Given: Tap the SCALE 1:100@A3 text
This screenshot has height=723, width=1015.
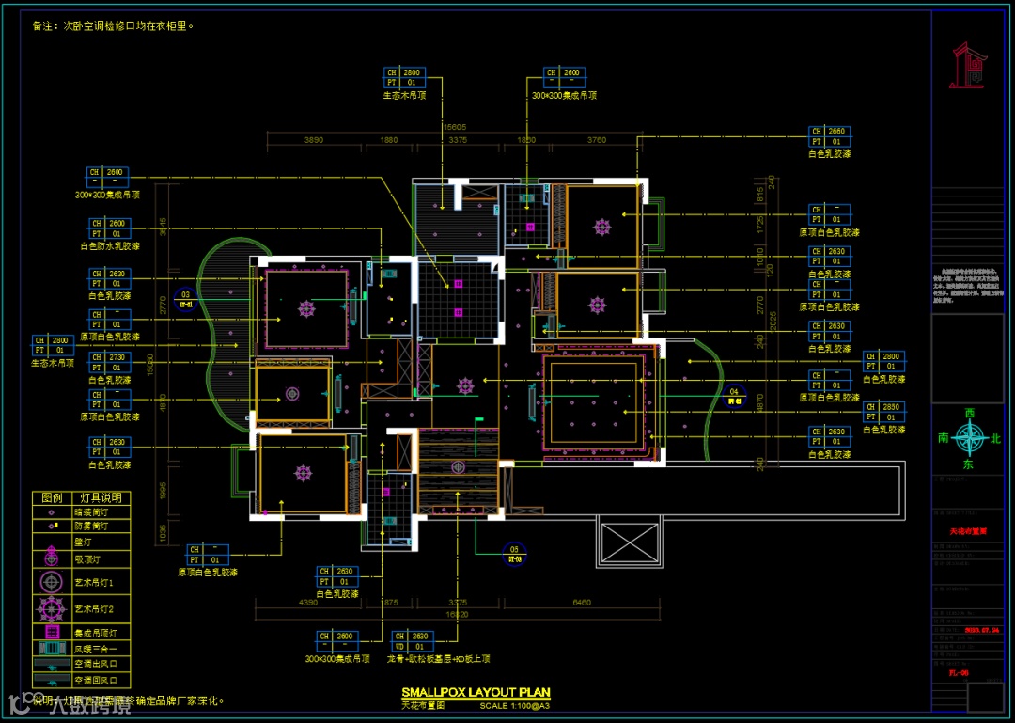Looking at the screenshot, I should click(514, 705).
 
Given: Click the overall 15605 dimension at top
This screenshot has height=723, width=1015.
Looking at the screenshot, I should click(455, 127).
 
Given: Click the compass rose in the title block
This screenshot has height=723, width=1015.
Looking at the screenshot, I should click(968, 437).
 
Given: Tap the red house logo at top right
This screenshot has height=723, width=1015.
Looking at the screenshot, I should click(969, 65).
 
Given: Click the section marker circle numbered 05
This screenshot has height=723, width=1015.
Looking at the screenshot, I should click(514, 552).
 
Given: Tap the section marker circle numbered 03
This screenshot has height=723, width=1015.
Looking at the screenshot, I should click(186, 299).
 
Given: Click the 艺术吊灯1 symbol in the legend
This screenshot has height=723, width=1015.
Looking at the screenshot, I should click(51, 582).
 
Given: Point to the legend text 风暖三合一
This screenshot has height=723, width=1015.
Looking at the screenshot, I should click(96, 650).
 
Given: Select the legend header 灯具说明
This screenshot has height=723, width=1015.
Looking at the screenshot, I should click(99, 497).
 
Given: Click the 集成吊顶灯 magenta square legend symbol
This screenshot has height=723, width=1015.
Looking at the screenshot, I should click(51, 633).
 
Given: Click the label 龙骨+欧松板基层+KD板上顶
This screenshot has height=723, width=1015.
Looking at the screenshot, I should click(438, 659).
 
